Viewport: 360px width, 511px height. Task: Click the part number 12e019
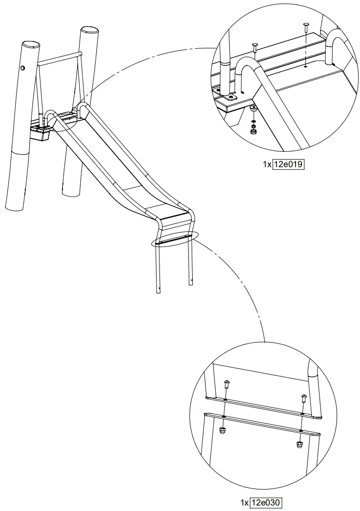tap(288, 164)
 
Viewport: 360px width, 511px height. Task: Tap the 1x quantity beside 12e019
tap(267, 164)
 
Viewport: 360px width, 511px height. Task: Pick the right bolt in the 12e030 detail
tap(303, 397)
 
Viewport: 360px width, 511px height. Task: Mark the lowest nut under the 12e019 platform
tap(254, 130)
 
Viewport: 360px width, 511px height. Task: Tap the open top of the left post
tap(30, 45)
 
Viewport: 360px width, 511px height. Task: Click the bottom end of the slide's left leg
tap(159, 292)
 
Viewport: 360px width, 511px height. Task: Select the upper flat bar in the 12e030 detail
tap(263, 408)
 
